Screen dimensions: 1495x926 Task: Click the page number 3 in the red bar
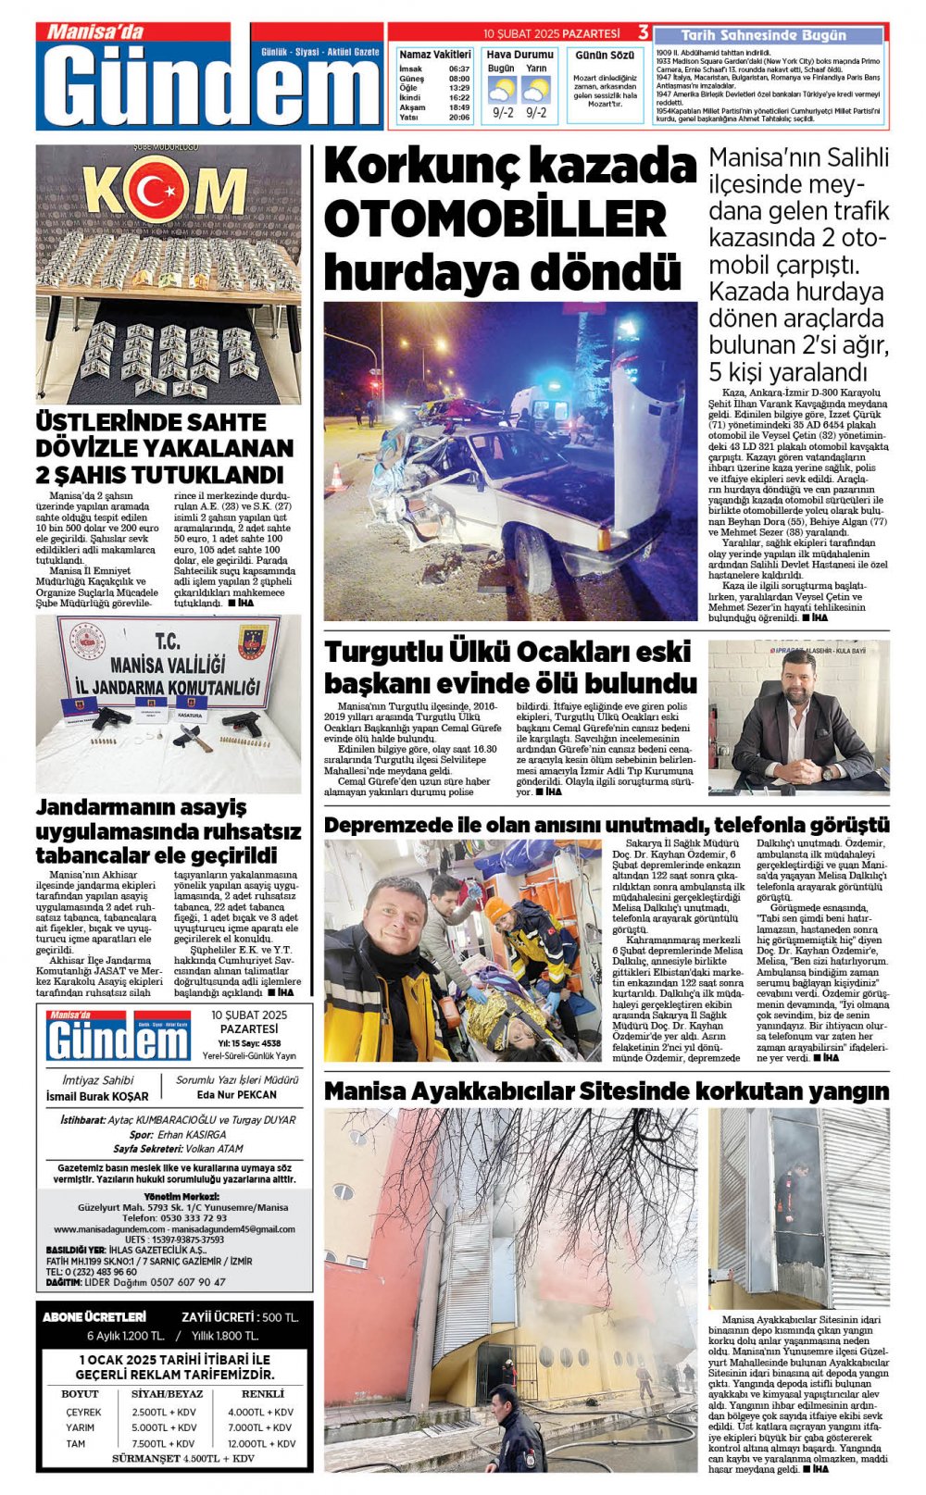[x=643, y=33]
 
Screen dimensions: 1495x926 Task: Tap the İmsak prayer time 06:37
[x=459, y=69]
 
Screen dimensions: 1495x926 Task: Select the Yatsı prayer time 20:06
[x=459, y=118]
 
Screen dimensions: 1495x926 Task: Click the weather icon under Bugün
[x=502, y=91]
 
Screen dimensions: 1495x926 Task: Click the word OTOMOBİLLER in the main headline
[x=494, y=220]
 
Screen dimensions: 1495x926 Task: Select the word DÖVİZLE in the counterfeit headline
[x=94, y=449]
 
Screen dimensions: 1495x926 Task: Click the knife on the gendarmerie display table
[x=191, y=737]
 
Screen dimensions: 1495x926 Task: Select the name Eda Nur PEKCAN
[x=237, y=1094]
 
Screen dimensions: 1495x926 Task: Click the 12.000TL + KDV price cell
[x=261, y=1443]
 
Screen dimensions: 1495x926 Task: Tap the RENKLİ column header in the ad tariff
[x=263, y=1393]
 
